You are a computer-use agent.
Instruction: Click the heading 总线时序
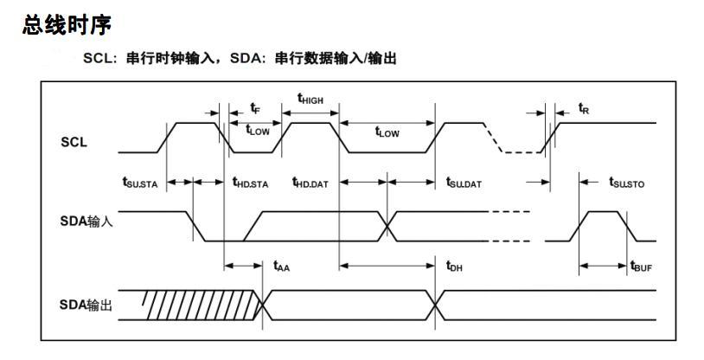point(67,25)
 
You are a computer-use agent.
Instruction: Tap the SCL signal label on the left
point(74,143)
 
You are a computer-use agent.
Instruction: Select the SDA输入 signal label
point(86,222)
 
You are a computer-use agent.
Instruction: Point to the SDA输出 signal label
point(86,305)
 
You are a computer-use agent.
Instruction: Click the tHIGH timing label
point(310,99)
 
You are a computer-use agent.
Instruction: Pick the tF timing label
point(255,108)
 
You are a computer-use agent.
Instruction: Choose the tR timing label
point(584,108)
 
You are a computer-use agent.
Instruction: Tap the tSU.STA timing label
point(140,183)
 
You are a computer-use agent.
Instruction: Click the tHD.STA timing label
point(250,183)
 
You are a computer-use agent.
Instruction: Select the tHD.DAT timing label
point(310,183)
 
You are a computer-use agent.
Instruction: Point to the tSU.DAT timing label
point(464,183)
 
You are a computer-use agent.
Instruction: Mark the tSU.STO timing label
point(626,183)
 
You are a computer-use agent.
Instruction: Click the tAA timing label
point(281,267)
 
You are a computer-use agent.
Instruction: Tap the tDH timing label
point(454,267)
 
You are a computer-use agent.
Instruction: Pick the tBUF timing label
point(641,267)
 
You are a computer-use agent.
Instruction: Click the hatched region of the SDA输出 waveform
point(202,305)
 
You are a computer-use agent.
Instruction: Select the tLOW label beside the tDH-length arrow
point(387,132)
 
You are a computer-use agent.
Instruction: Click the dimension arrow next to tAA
point(243,266)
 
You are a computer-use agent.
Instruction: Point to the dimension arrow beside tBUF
point(603,266)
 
